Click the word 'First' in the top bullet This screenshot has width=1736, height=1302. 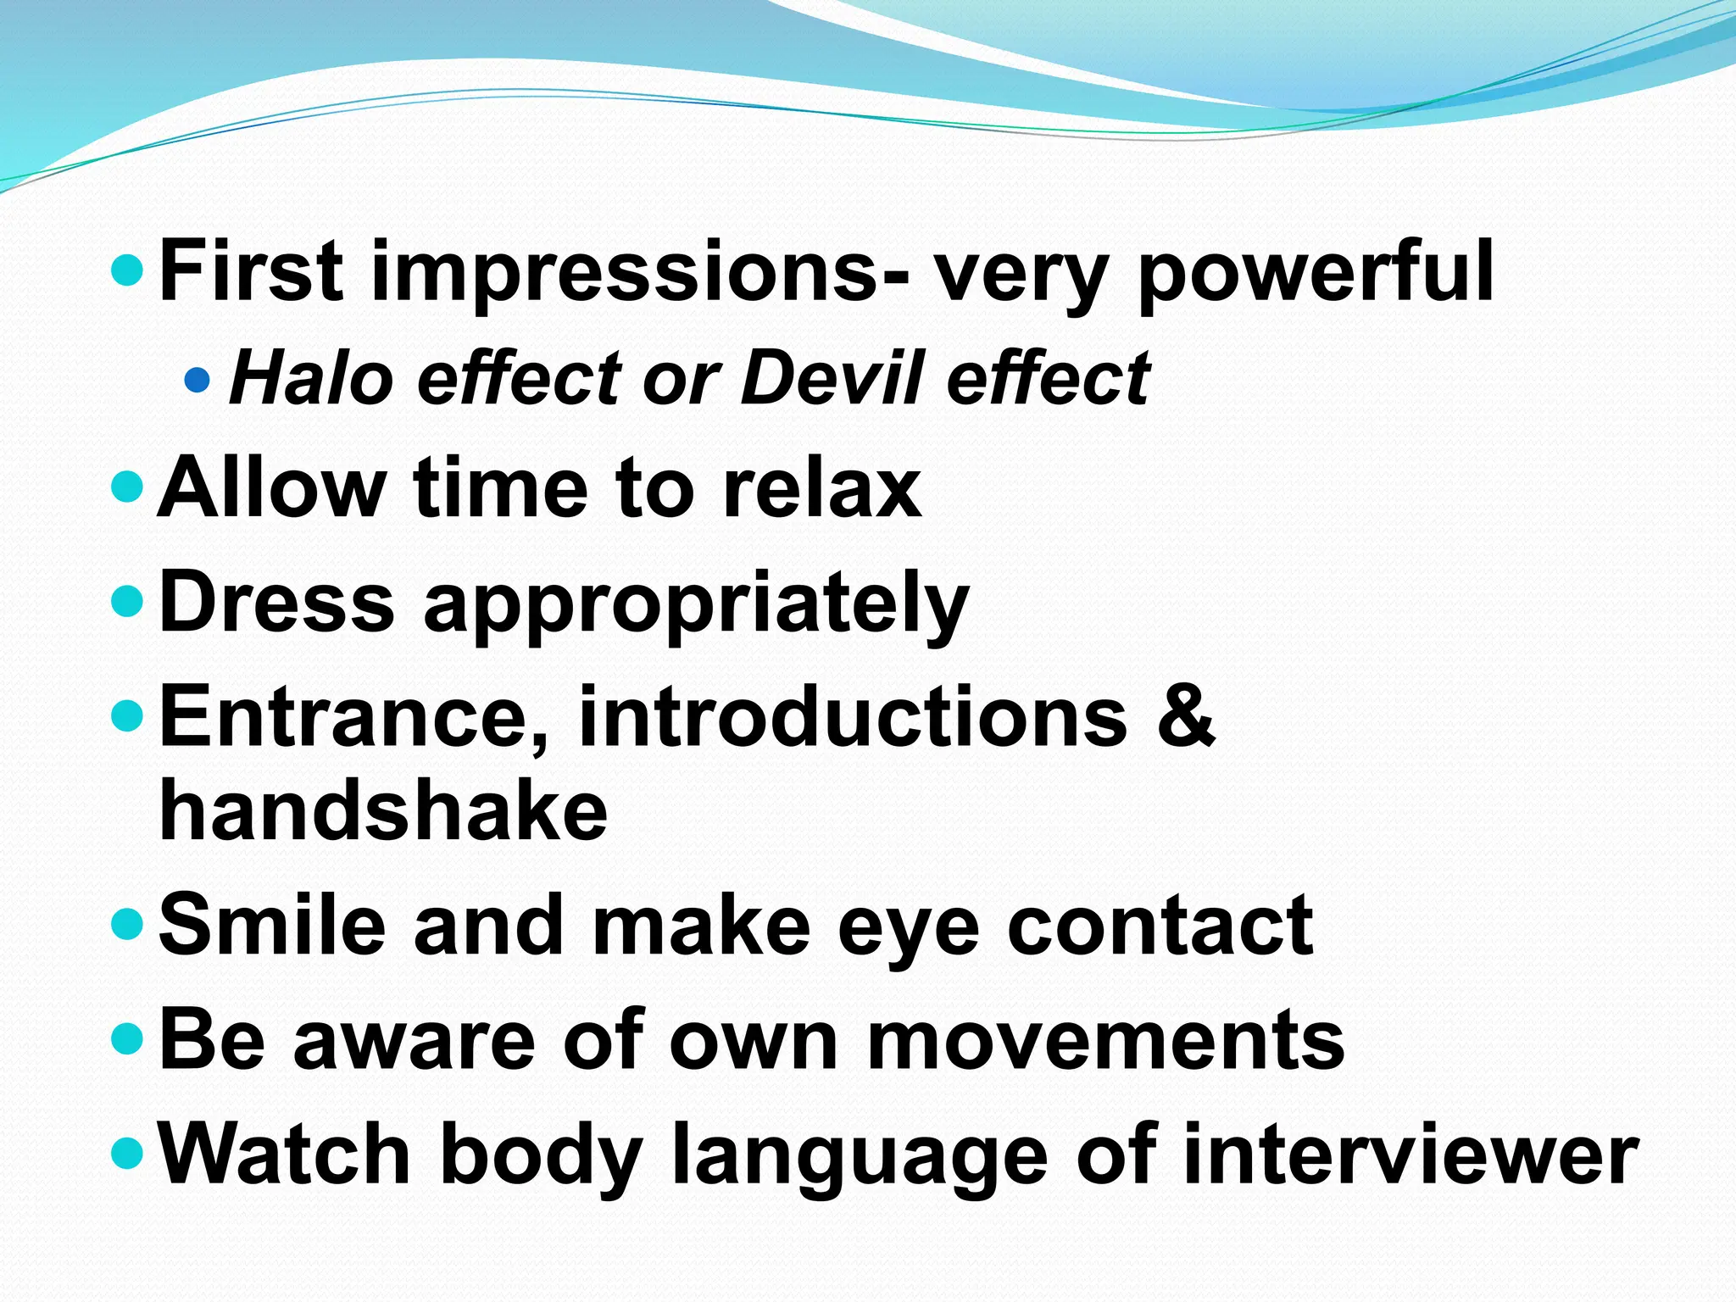[x=251, y=271]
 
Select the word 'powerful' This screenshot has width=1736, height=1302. [x=1316, y=271]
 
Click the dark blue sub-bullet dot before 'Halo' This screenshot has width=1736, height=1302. [x=197, y=379]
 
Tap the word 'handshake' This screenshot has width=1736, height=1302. [x=383, y=810]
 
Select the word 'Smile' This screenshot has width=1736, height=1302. [x=272, y=926]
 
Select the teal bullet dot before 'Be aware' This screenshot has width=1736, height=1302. [x=127, y=1038]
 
